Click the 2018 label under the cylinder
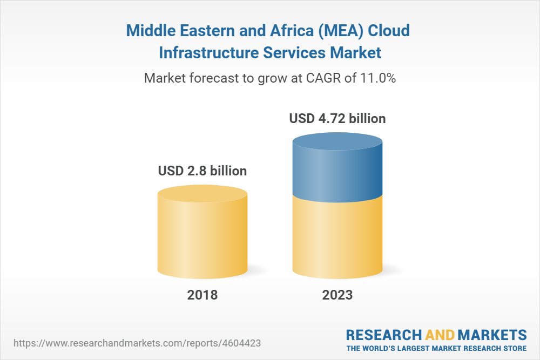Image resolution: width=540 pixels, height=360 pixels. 202,295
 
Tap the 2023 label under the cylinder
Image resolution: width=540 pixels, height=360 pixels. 337,295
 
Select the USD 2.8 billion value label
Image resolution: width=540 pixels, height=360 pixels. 202,171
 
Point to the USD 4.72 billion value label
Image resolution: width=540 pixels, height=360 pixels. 337,118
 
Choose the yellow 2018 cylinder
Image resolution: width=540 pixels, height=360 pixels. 202,232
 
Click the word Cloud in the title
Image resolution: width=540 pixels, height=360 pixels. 389,31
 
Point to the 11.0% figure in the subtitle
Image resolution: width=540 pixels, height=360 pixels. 378,78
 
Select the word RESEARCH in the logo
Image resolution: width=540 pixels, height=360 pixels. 384,334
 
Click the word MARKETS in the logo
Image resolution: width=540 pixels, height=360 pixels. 493,334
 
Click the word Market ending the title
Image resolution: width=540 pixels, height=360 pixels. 355,53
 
